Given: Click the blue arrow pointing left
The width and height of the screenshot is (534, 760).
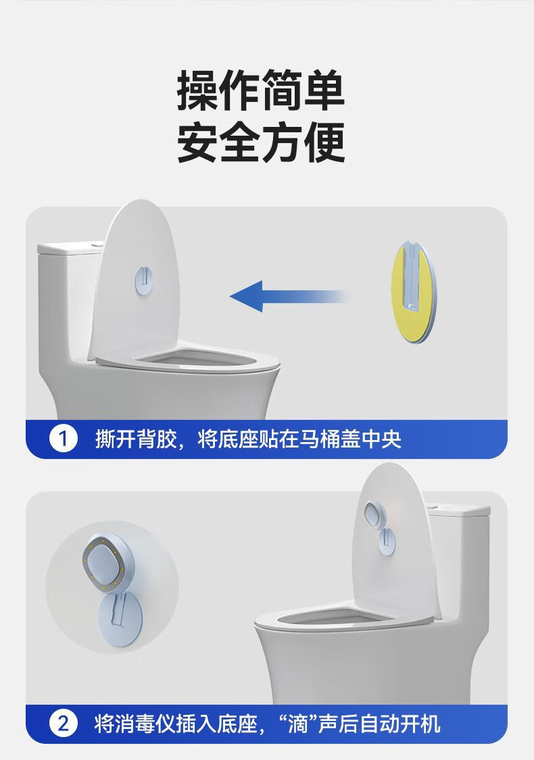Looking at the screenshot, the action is tap(288, 296).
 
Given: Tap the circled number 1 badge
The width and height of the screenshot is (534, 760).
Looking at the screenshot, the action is tap(63, 439).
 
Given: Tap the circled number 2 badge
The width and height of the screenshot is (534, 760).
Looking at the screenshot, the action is tap(63, 724).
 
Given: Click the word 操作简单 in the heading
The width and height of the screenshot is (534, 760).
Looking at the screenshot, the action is tap(261, 90).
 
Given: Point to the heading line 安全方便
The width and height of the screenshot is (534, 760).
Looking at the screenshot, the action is tap(261, 142).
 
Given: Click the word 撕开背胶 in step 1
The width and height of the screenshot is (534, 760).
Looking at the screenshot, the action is tap(135, 439).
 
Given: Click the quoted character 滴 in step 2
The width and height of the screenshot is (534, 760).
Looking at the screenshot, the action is tap(299, 724).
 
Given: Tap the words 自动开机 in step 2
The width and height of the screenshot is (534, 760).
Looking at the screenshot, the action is tap(400, 724).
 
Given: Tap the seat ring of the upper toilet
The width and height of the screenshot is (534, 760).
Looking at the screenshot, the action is tap(187, 358).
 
